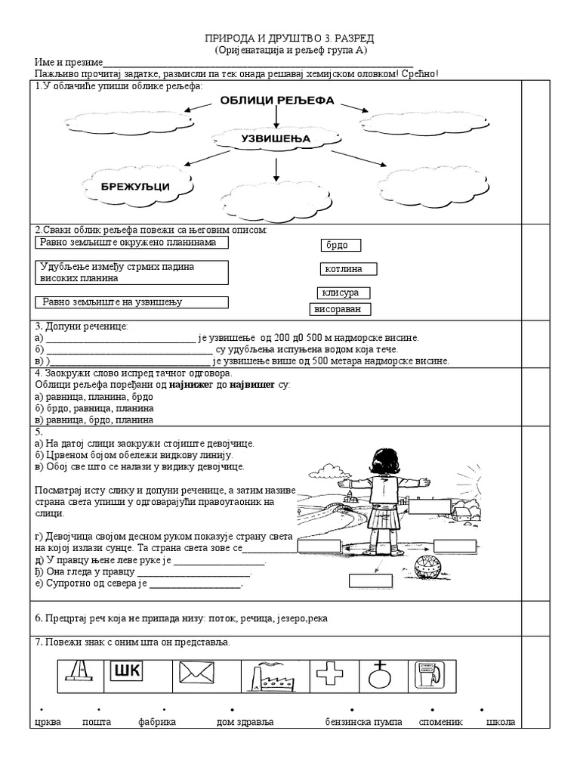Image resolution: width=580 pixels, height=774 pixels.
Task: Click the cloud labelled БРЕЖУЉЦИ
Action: click(136, 186)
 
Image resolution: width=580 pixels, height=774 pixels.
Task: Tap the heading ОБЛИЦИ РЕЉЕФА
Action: click(277, 101)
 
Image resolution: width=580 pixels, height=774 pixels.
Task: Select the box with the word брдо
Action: click(341, 246)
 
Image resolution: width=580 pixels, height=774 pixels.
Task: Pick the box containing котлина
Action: click(348, 269)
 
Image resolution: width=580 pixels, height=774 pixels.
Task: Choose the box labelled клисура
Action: click(344, 293)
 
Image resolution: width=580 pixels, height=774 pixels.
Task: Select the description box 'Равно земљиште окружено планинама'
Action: click(131, 243)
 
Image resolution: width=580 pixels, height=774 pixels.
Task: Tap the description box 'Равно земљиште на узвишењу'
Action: click(131, 302)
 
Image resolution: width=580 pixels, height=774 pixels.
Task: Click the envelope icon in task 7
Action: click(198, 674)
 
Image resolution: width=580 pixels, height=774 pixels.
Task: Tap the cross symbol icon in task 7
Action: click(330, 673)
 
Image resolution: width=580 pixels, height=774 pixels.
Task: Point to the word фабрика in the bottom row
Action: click(157, 722)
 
